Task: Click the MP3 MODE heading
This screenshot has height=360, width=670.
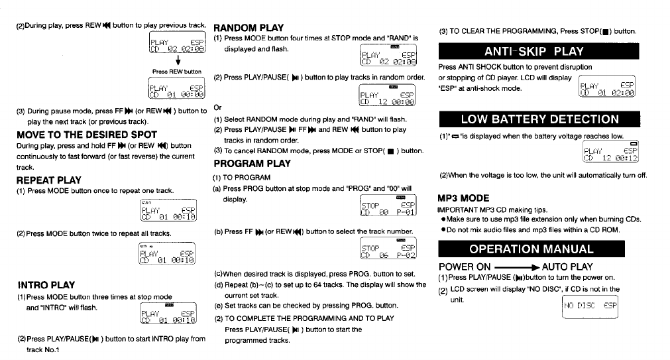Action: coord(464,198)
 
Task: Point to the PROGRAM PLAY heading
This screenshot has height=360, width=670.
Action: coord(252,164)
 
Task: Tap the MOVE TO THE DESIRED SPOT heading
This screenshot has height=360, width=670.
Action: coord(86,135)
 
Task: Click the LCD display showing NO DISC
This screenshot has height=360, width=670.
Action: coord(590,306)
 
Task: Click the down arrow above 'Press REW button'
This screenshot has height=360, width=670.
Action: coord(177,61)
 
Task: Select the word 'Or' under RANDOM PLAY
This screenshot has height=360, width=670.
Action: coord(217,107)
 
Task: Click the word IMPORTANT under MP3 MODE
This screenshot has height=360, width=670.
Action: coord(459,210)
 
